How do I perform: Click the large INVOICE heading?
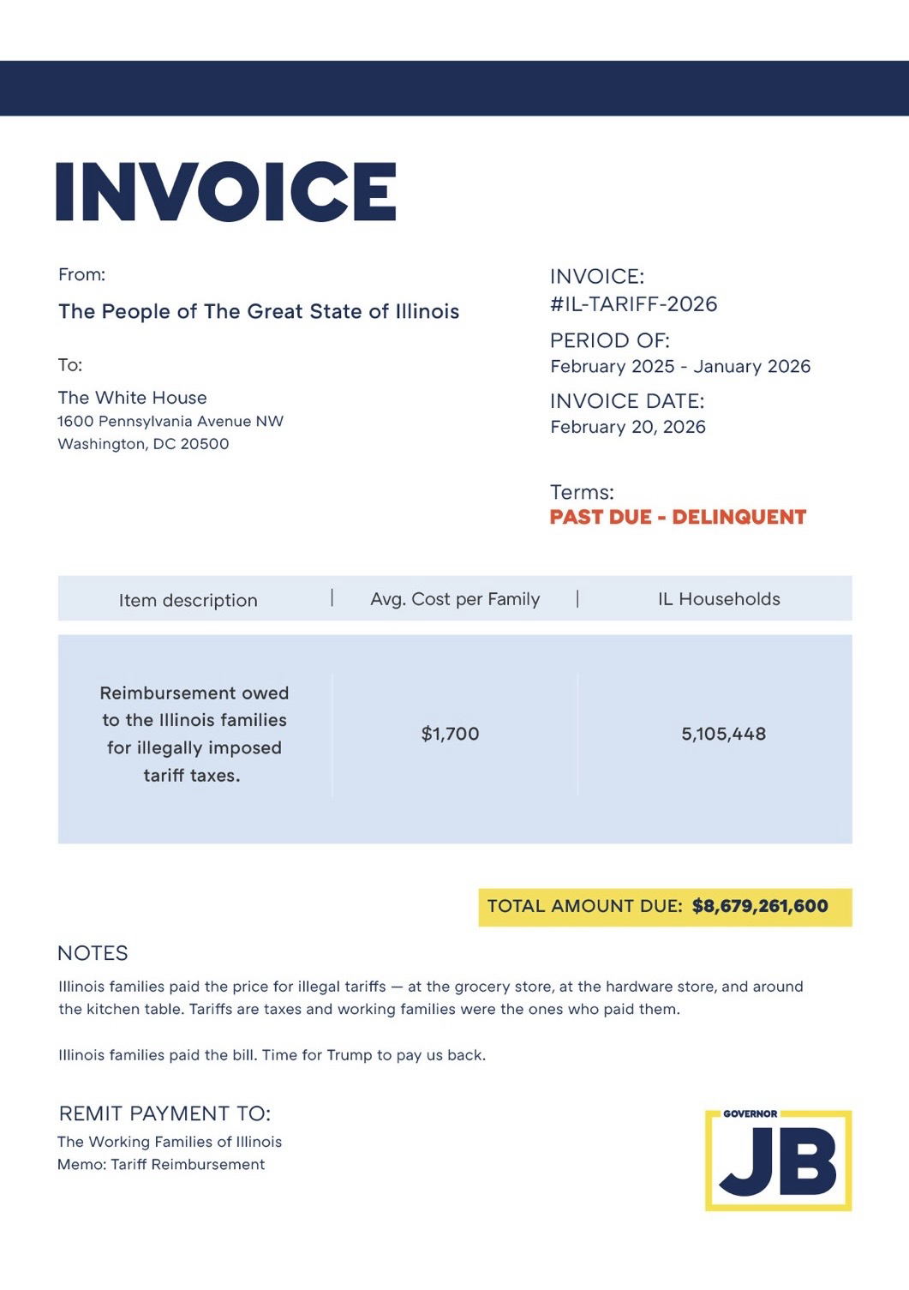[x=226, y=191]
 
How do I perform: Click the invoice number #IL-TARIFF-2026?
[x=633, y=304]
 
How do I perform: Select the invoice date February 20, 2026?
[x=627, y=427]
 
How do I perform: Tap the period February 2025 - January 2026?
[x=679, y=367]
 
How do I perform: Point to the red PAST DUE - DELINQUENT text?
[x=678, y=517]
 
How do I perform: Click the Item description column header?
[x=188, y=600]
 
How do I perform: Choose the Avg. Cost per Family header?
[x=455, y=599]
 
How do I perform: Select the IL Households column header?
[x=719, y=599]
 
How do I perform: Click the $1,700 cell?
[x=450, y=734]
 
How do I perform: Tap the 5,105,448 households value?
[x=723, y=734]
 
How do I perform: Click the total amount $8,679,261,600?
[x=760, y=906]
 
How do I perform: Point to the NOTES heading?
[x=93, y=953]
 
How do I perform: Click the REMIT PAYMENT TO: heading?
[x=164, y=1113]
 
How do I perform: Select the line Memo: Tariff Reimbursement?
[x=161, y=1164]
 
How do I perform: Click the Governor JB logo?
[x=778, y=1160]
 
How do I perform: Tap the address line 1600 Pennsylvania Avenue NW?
[x=170, y=422]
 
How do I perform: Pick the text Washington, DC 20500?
[x=143, y=444]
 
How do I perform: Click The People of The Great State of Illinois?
[x=259, y=311]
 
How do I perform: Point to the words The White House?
[x=132, y=398]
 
